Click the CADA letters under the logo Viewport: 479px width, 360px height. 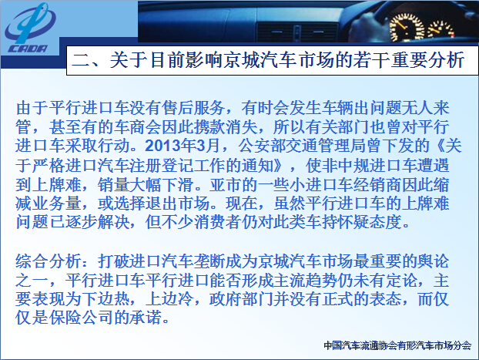(x=28, y=49)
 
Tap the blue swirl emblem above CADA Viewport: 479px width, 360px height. (x=30, y=23)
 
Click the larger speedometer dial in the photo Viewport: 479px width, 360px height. (x=407, y=28)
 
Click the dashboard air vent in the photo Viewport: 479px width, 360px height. (x=296, y=32)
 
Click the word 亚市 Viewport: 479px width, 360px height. (x=226, y=184)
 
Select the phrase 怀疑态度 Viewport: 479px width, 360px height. (x=369, y=222)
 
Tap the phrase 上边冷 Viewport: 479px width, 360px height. (x=169, y=299)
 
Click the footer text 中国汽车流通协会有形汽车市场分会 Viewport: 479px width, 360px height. (x=397, y=345)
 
